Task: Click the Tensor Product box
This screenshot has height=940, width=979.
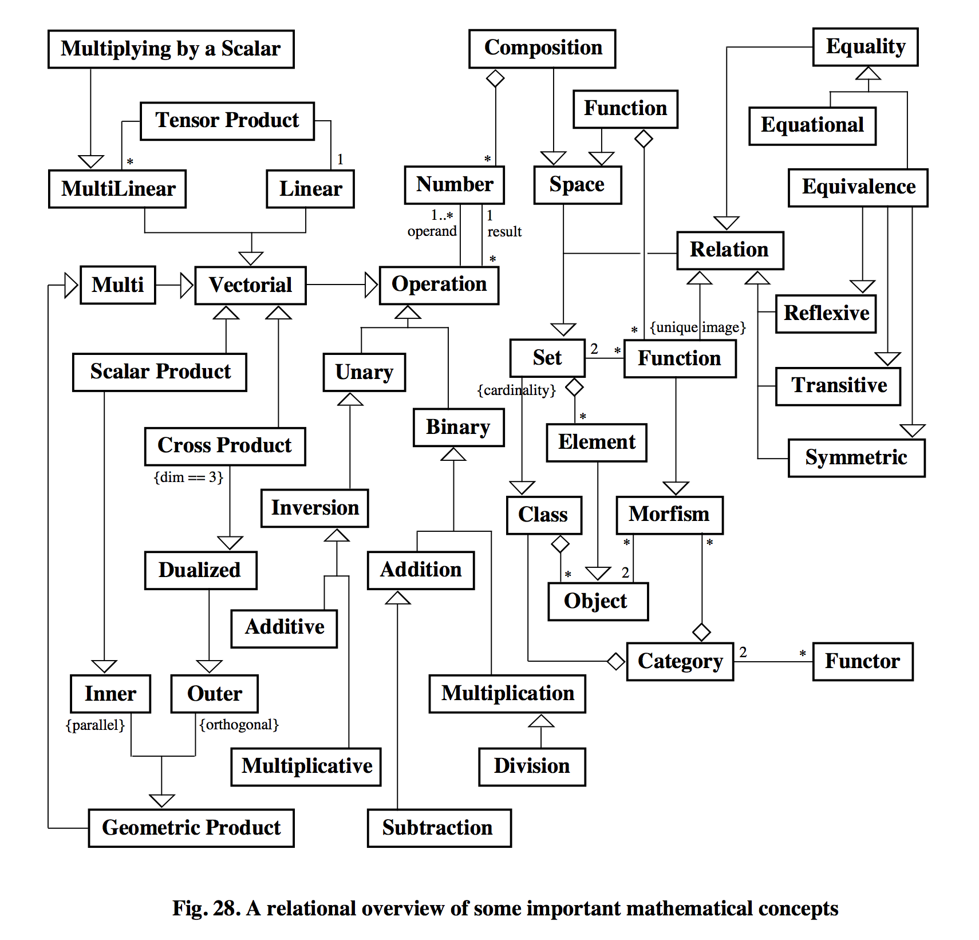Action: point(227,121)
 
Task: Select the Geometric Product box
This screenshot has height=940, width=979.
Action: point(191,828)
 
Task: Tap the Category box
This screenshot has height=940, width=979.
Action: point(680,661)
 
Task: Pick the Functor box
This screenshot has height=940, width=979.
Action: point(862,661)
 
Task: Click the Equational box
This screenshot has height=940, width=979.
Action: point(812,125)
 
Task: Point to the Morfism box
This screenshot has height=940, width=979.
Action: point(669,515)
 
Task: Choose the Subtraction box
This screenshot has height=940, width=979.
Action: point(439,828)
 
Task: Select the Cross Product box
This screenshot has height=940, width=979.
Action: point(224,446)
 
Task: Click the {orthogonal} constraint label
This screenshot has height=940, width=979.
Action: point(239,725)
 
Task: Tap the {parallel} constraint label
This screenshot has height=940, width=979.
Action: point(95,725)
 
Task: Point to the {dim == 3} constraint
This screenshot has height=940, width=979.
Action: point(188,477)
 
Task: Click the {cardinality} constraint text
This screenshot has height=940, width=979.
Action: point(516,390)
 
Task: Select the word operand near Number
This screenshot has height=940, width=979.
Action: point(432,231)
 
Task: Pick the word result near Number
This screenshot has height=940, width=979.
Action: point(504,232)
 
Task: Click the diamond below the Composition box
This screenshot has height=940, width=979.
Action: point(495,78)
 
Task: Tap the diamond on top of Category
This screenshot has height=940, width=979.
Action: point(701,632)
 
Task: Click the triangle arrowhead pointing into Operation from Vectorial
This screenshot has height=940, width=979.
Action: point(371,285)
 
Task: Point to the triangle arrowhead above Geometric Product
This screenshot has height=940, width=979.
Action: point(161,800)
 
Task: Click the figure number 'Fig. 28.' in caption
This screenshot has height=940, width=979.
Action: point(206,909)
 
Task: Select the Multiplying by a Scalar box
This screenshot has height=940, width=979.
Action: point(171,49)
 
